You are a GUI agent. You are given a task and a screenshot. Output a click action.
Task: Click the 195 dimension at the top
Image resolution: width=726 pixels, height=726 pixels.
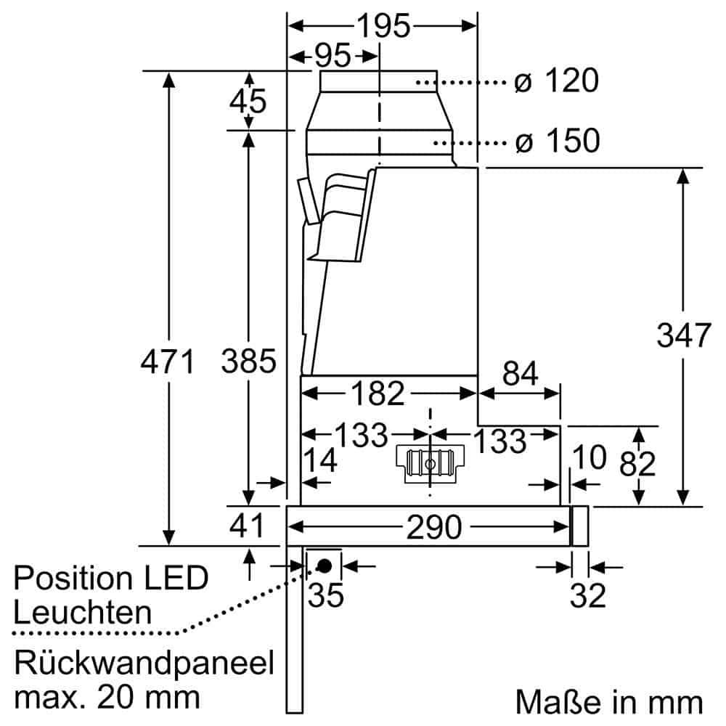383,26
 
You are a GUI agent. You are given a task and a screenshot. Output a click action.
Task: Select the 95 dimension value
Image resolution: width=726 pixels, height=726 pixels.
332,56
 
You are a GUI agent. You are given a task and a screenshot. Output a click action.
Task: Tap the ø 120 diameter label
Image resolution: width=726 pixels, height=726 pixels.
556,81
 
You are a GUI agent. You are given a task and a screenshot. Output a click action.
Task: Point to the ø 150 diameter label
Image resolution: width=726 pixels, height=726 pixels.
556,141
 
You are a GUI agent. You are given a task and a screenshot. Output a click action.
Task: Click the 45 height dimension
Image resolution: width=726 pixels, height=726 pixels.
248,102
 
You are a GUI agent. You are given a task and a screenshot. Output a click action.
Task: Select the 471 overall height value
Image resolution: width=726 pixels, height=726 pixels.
168,361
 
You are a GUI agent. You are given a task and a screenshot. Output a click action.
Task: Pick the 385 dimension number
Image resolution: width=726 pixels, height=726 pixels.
249,361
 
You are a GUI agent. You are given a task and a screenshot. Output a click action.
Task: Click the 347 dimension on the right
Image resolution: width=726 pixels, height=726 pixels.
682,335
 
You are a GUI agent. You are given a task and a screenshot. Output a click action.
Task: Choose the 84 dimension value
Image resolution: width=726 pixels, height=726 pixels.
520,375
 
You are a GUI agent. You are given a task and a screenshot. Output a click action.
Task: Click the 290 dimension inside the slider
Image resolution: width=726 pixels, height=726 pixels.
433,528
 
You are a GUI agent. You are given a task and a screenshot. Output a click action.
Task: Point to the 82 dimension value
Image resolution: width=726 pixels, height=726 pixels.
637,464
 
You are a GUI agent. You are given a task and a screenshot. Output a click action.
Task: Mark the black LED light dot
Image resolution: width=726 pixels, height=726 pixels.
324,565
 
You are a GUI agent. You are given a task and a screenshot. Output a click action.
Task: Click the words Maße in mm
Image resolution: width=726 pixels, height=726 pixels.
609,702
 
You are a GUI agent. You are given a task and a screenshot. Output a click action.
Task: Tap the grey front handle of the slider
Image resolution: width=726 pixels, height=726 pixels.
579,526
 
